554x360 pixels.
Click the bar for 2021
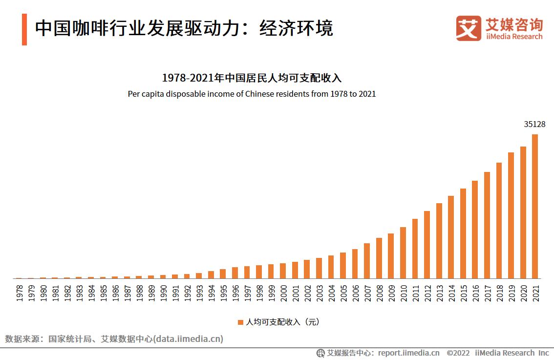534,206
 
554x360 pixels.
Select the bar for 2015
463,233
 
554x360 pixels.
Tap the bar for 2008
379,258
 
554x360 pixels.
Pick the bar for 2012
426,244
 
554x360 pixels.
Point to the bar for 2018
499,220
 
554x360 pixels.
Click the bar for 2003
319,268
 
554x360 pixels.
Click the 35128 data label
534,125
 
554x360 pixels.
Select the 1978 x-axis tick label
19,293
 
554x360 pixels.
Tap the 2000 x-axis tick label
283,293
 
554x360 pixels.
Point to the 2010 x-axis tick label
403,293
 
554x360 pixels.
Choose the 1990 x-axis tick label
163,293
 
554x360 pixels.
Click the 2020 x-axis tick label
523,293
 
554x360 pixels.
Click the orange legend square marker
240,322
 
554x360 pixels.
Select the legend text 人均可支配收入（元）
282,322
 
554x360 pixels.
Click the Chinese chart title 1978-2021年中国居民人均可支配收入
252,78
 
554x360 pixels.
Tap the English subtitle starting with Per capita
252,94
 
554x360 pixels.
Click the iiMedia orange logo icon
469,28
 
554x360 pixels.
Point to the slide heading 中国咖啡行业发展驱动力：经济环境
184,29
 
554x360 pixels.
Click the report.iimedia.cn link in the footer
408,353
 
